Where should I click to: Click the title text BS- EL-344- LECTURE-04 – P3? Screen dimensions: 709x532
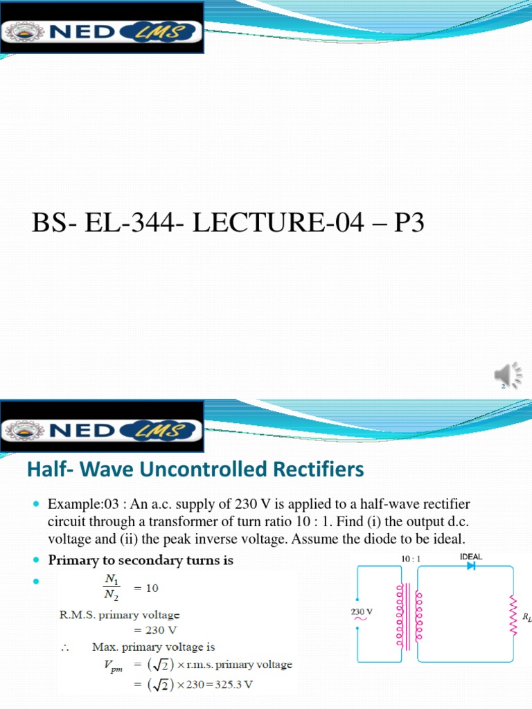(x=228, y=226)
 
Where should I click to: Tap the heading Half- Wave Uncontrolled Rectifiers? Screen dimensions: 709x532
(x=195, y=470)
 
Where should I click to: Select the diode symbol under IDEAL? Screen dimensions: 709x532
(x=471, y=566)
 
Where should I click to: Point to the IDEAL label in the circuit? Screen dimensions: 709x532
(x=471, y=556)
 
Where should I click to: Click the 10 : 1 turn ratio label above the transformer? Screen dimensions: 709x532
(x=411, y=557)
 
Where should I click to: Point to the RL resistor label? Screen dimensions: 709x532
(x=526, y=616)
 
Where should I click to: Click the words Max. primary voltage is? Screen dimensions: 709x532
(x=153, y=647)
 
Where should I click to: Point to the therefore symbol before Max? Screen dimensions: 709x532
(x=64, y=647)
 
